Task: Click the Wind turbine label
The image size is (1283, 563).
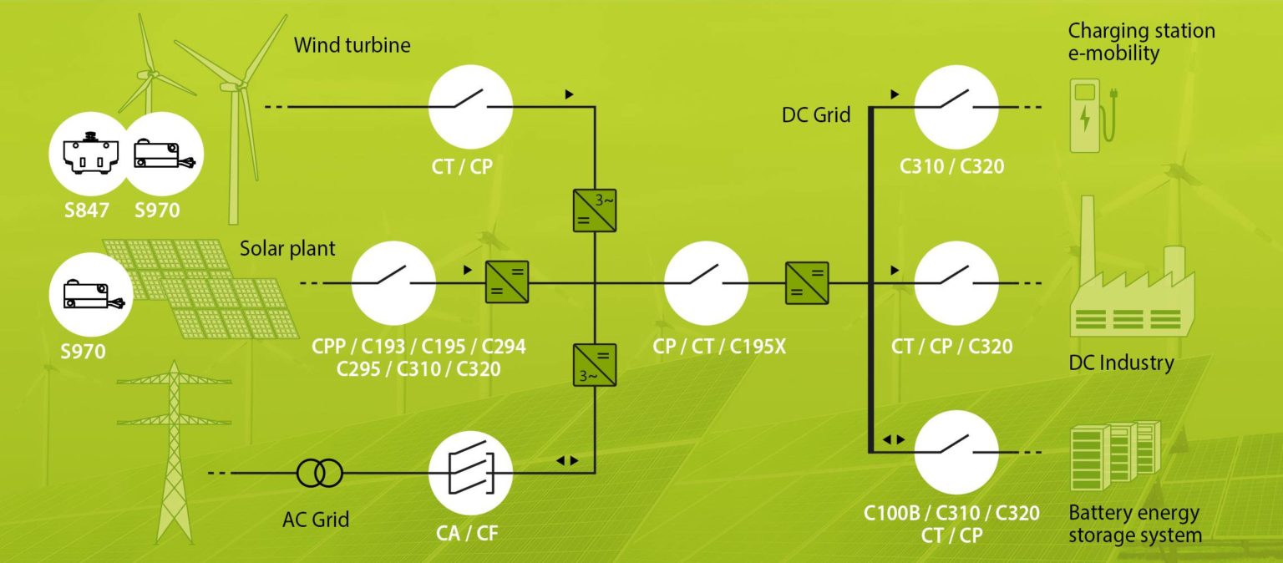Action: (x=352, y=44)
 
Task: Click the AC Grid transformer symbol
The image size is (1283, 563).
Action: (x=319, y=474)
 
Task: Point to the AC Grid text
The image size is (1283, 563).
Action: (x=316, y=519)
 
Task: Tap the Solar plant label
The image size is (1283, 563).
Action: (x=287, y=248)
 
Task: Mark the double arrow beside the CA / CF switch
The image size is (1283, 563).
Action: (x=567, y=460)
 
